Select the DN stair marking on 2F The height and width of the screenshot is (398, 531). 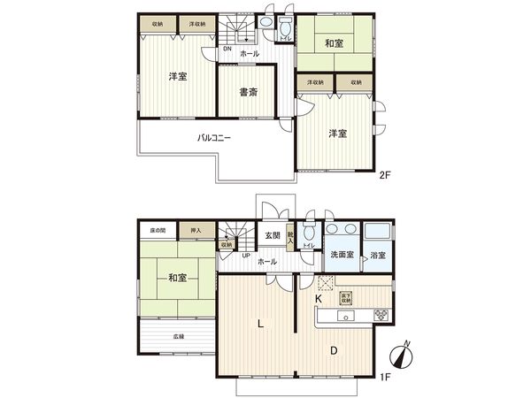pos(227,50)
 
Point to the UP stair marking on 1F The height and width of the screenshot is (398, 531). pos(246,256)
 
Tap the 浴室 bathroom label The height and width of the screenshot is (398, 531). pos(377,256)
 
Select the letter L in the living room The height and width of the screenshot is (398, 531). pos(260,324)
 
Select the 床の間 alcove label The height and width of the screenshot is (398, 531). pos(156,230)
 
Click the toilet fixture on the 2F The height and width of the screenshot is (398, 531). pos(285,27)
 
